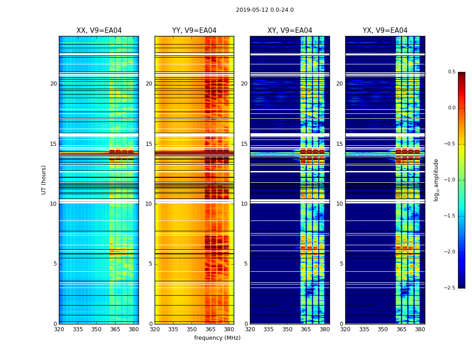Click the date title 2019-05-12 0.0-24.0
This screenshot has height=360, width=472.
[265, 10]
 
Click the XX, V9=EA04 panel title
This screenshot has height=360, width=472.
[99, 31]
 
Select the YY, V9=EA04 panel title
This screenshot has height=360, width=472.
[194, 31]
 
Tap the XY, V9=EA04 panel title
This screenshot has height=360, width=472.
[289, 31]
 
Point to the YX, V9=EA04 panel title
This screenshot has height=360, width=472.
[385, 31]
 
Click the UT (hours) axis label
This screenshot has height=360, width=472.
[44, 180]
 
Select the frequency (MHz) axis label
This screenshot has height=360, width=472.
[217, 338]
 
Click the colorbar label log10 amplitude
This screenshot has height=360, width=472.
[436, 180]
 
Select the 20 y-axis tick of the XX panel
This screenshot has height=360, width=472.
[53, 84]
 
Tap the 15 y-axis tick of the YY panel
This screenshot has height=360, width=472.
[149, 144]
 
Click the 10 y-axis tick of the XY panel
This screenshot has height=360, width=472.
[244, 204]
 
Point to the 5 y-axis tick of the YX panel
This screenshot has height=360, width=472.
[341, 264]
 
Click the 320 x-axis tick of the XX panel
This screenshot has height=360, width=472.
[59, 329]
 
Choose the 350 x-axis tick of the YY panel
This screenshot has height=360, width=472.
[192, 329]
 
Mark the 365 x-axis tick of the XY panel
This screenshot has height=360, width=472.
[306, 329]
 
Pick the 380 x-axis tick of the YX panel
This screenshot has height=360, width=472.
[420, 329]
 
